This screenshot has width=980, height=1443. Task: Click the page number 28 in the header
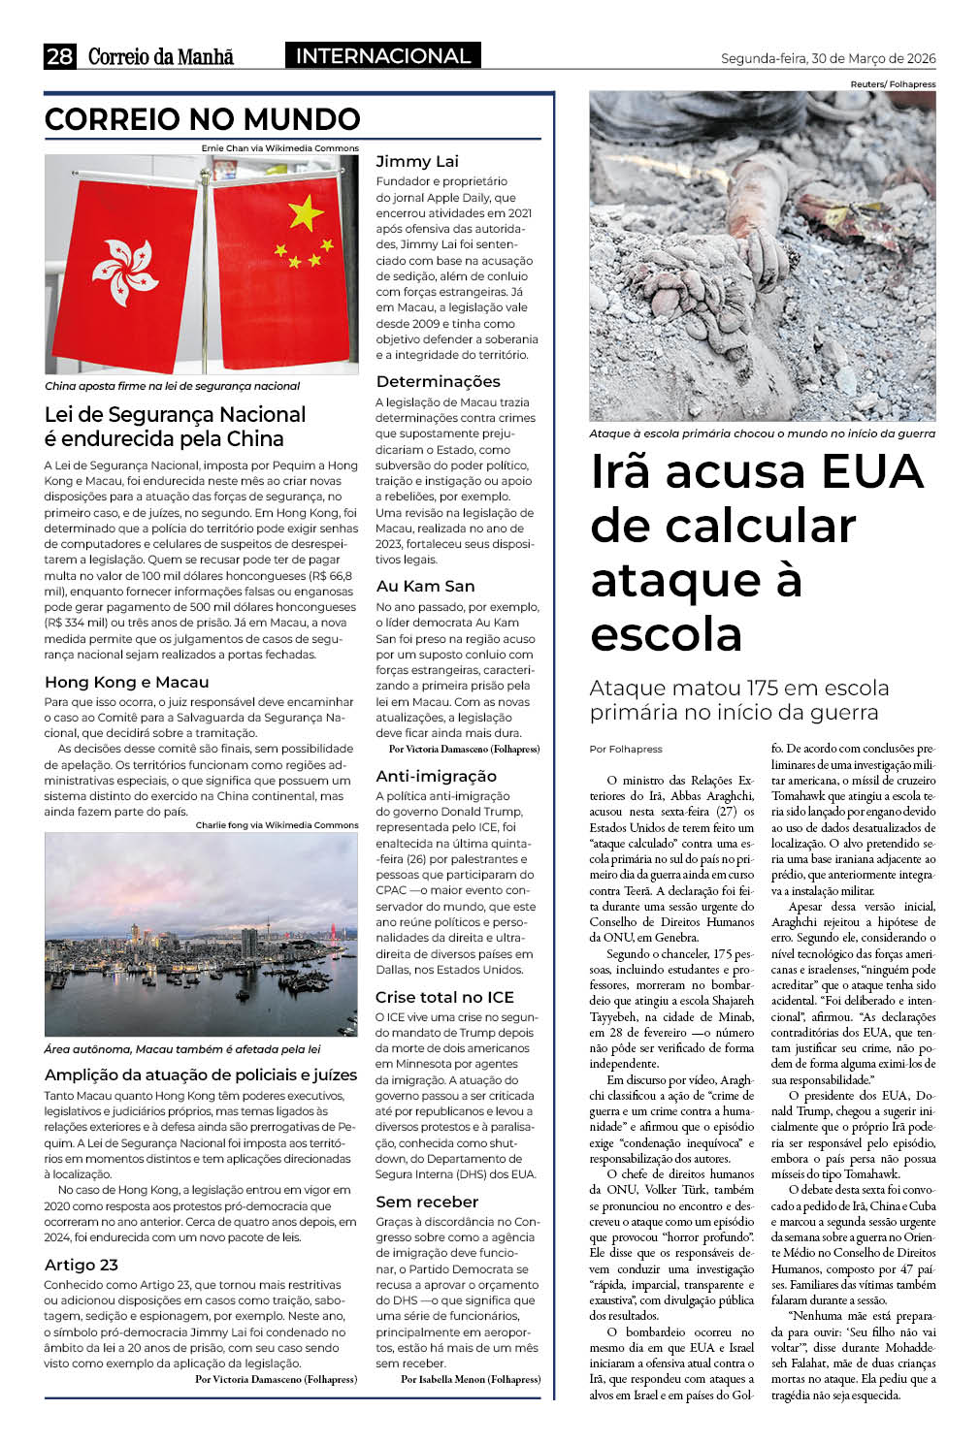coord(59,56)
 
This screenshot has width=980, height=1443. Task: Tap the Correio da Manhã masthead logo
coord(161,56)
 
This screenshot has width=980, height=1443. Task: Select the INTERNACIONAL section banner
coord(382,56)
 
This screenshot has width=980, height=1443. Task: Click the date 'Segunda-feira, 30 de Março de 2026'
coord(828,58)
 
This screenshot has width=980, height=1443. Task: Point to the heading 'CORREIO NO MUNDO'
coord(202,119)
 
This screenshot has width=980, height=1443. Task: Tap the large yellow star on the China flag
coord(306,211)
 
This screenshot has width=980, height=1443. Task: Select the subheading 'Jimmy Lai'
coord(417,161)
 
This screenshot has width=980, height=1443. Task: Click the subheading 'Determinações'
coord(438,381)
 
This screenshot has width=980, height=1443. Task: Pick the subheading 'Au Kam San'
coord(425,586)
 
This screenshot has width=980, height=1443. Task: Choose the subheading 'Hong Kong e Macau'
coord(126,682)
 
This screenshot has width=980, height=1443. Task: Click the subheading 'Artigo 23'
coord(82,1265)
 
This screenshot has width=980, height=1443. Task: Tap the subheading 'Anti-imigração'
coord(436,776)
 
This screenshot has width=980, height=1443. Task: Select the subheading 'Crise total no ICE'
coord(444,997)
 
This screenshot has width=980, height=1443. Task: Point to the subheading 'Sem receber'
coord(427,1202)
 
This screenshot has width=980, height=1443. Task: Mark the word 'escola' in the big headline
coord(667,635)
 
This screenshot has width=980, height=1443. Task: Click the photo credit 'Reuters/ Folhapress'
coord(893,84)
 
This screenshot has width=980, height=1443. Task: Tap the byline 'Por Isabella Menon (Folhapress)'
coord(471,1378)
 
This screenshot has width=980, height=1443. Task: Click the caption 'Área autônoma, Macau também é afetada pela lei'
coord(181,1049)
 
